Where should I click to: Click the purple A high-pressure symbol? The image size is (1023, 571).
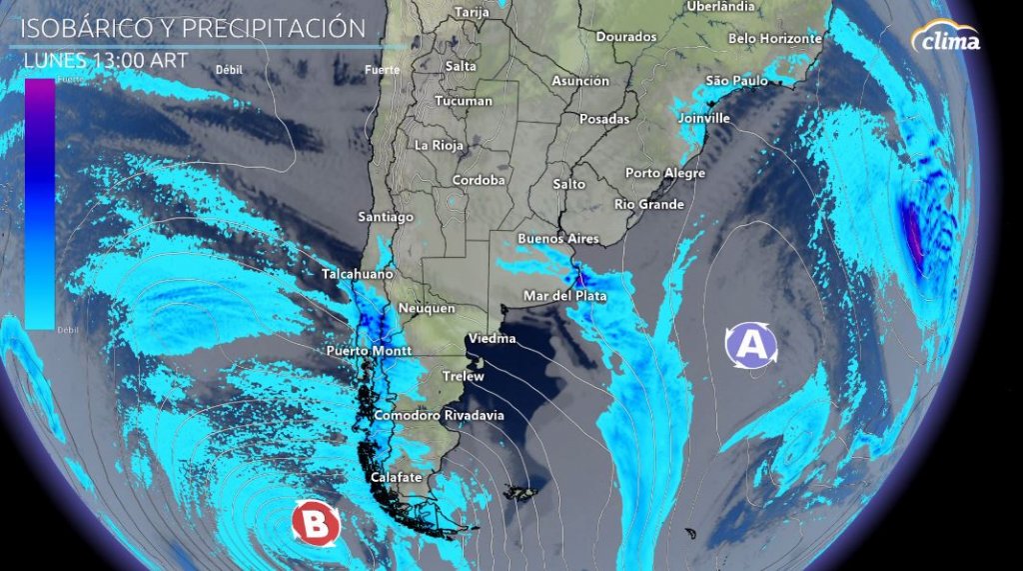[x=751, y=344]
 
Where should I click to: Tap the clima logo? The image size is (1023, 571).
[x=946, y=39]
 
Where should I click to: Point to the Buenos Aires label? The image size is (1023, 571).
[x=557, y=239]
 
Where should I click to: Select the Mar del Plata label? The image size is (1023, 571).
[x=564, y=296]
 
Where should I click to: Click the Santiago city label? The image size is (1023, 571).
[x=386, y=217]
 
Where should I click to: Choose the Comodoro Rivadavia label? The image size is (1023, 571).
[x=439, y=415]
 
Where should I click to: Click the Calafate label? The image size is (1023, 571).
[x=396, y=478]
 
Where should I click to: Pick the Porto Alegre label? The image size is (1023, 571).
[x=664, y=173]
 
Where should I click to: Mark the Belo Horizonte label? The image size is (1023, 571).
[x=774, y=39]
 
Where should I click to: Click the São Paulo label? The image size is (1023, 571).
[x=736, y=80]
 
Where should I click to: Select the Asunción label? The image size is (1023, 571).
[x=579, y=81]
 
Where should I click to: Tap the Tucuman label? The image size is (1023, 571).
[x=464, y=101]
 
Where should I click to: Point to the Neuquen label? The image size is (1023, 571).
[x=427, y=309]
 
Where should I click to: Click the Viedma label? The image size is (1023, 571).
[x=492, y=338]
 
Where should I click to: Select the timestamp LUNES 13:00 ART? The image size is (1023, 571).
[x=105, y=59]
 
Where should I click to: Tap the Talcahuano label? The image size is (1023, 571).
[x=357, y=274]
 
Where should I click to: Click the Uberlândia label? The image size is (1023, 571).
[x=720, y=6]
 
